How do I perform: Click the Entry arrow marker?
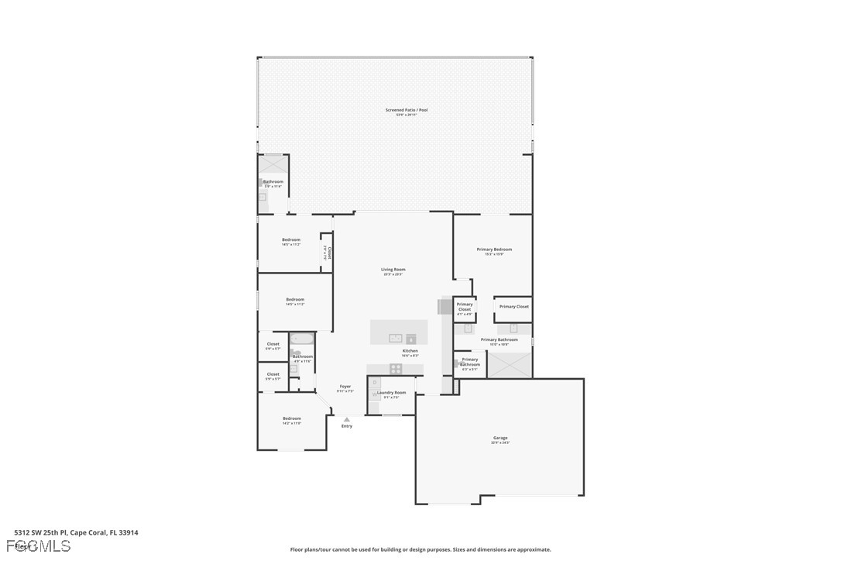click(346, 419)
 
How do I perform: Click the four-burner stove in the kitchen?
click(396, 369)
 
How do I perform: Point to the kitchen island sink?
click(395, 338)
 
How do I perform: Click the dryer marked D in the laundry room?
click(375, 383)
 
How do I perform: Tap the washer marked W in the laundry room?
click(375, 394)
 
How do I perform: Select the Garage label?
click(500, 439)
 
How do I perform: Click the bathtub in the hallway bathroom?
click(302, 339)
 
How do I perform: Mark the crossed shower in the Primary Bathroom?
click(510, 364)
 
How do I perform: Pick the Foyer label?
click(345, 387)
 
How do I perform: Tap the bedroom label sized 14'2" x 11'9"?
click(291, 420)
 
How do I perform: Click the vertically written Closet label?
click(328, 253)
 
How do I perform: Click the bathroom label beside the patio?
click(273, 183)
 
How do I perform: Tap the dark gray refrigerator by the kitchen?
click(445, 307)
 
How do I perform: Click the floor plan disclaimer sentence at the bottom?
click(420, 549)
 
